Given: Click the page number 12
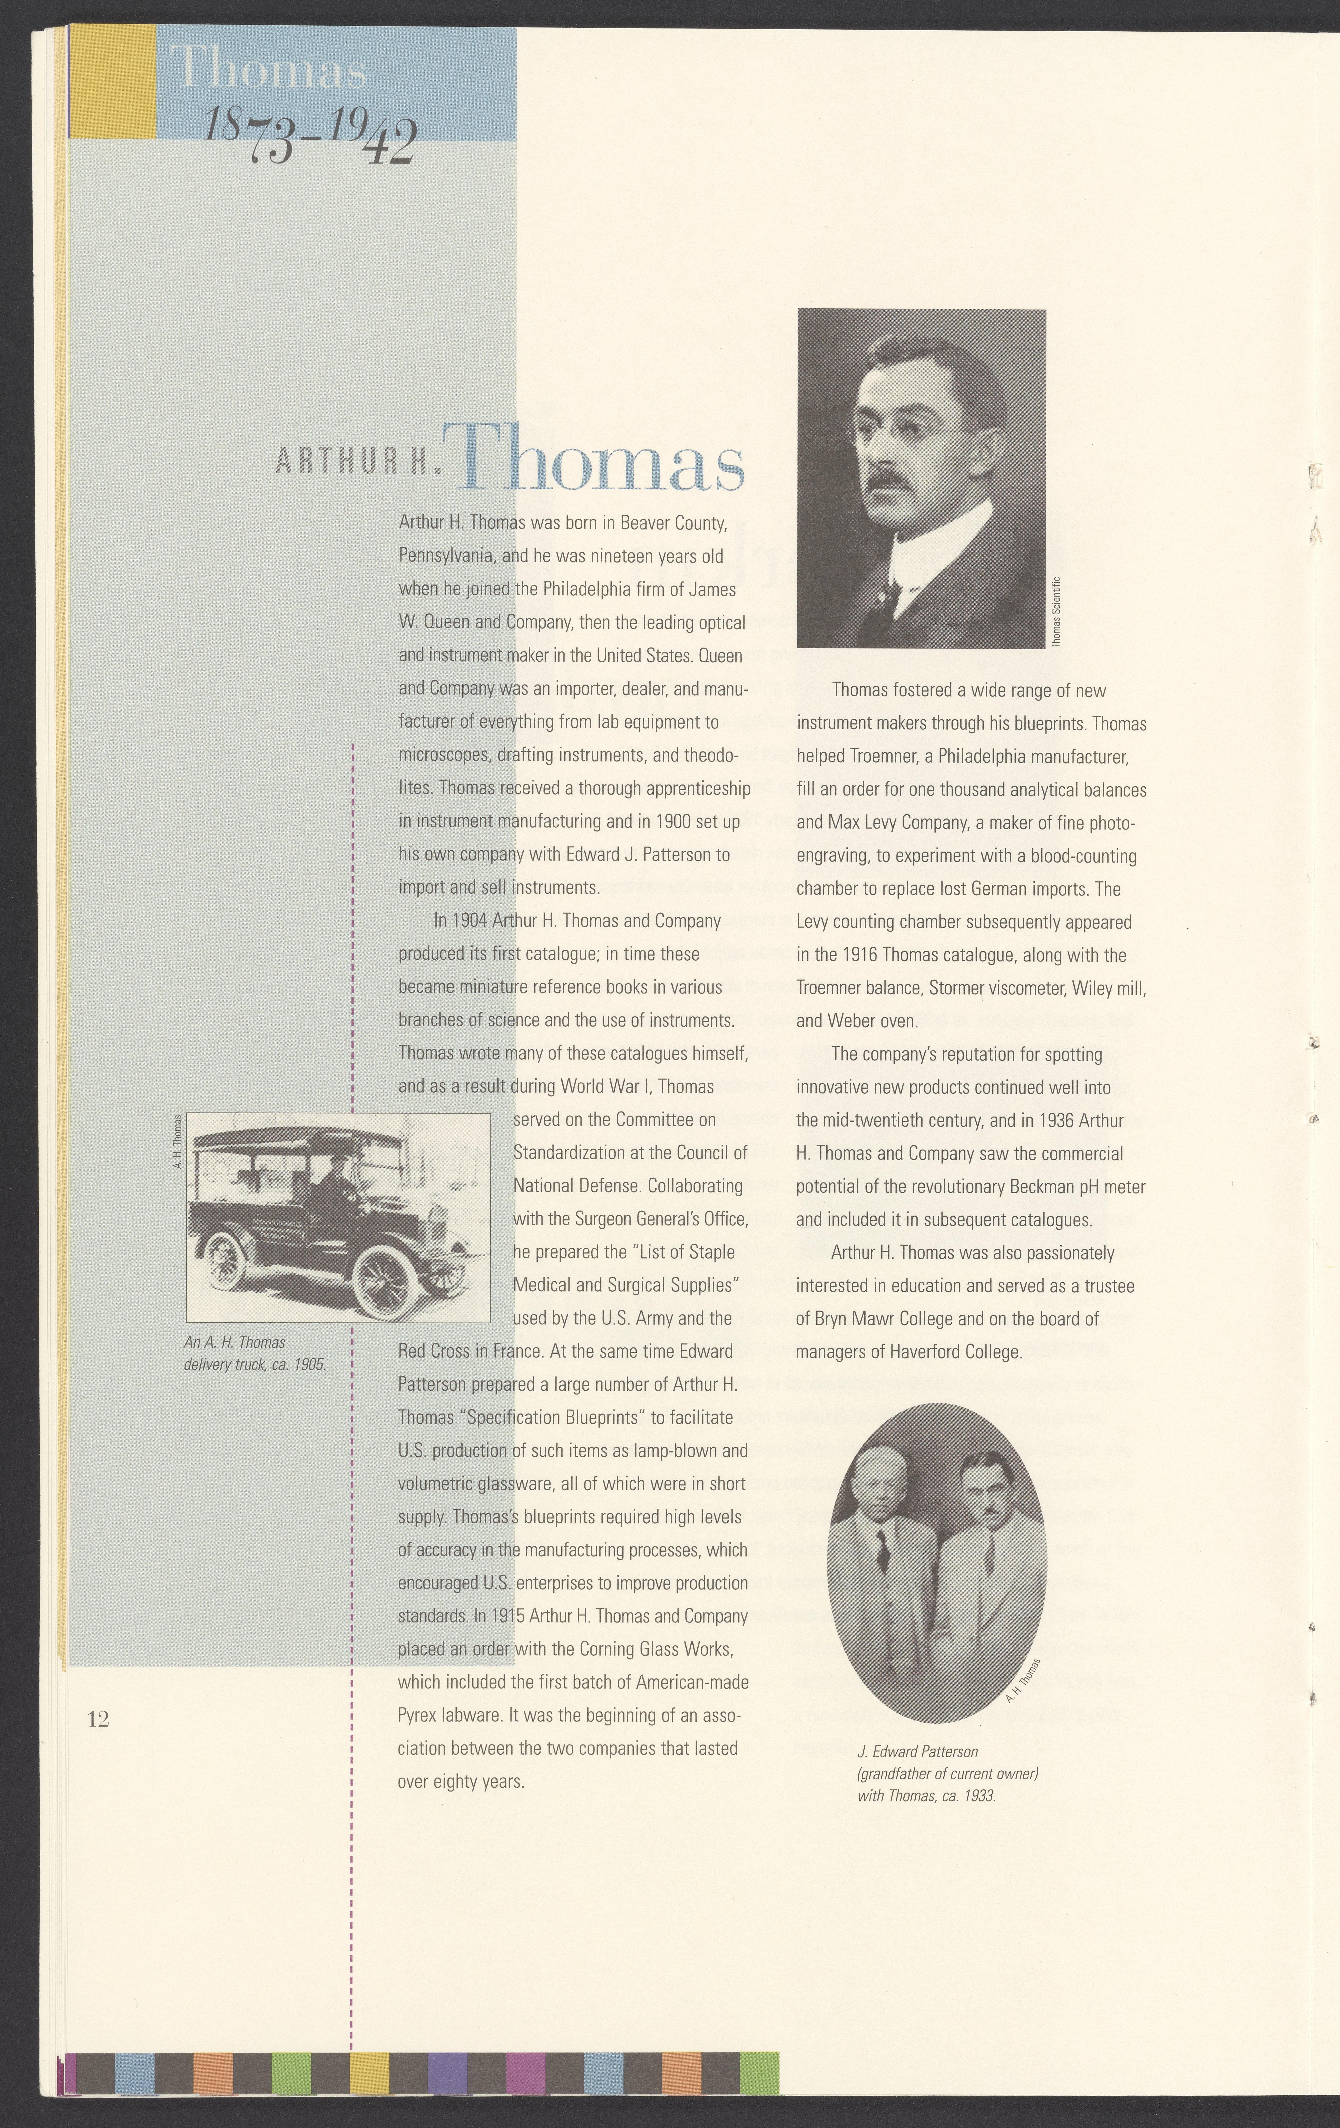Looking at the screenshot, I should (98, 1719).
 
